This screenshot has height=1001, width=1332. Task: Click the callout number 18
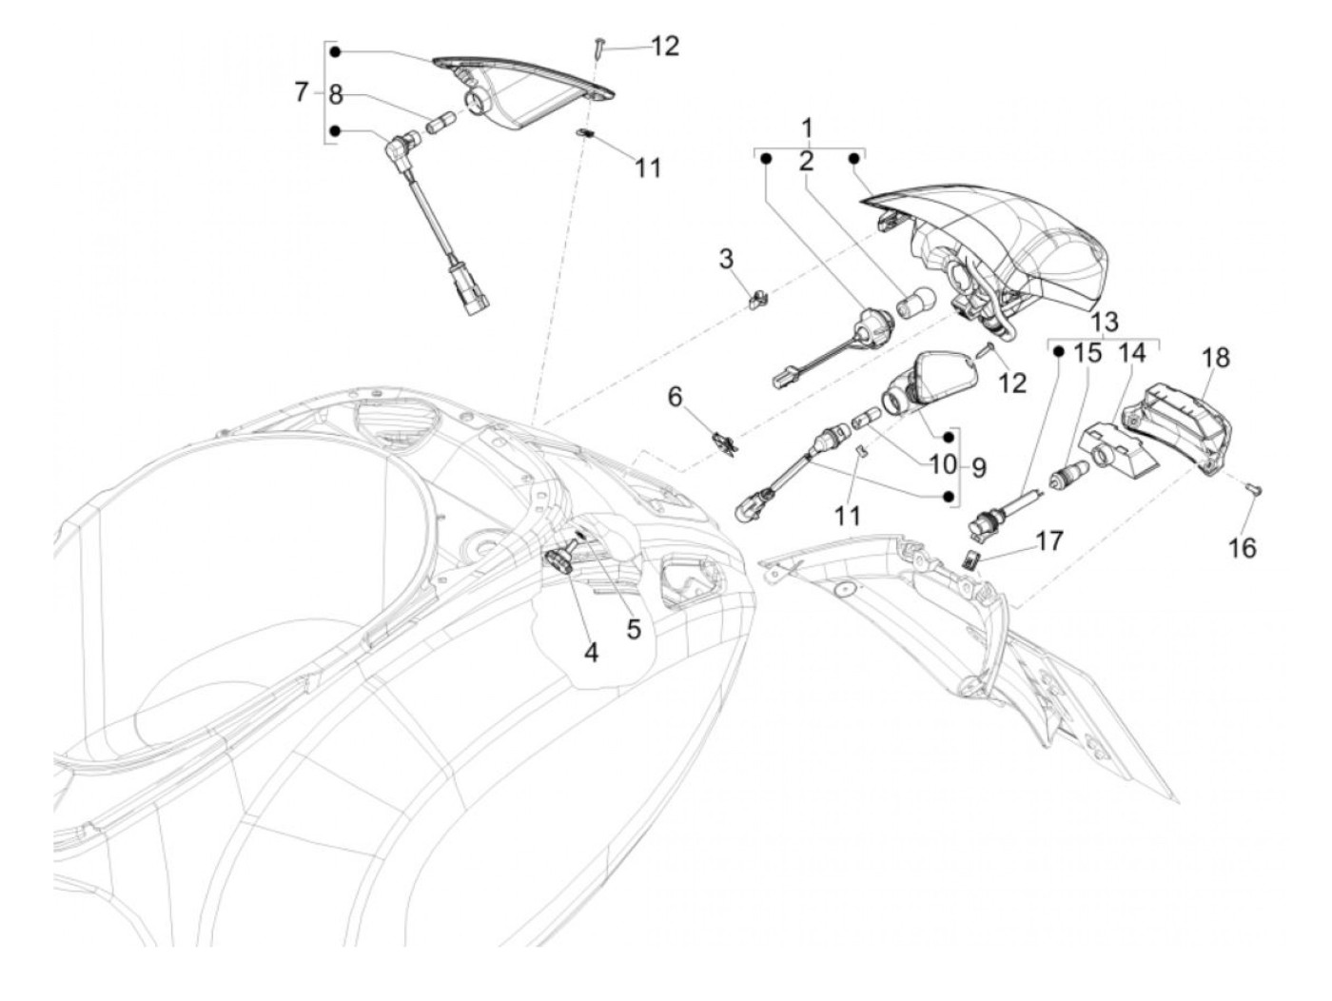click(1215, 359)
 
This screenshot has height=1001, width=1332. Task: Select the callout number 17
click(1049, 540)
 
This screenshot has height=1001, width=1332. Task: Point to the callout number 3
click(726, 258)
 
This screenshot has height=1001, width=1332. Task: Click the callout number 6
click(675, 396)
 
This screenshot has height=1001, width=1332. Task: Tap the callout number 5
click(634, 629)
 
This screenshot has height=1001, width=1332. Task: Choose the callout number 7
click(301, 92)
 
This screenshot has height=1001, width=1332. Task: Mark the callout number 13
click(1106, 321)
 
